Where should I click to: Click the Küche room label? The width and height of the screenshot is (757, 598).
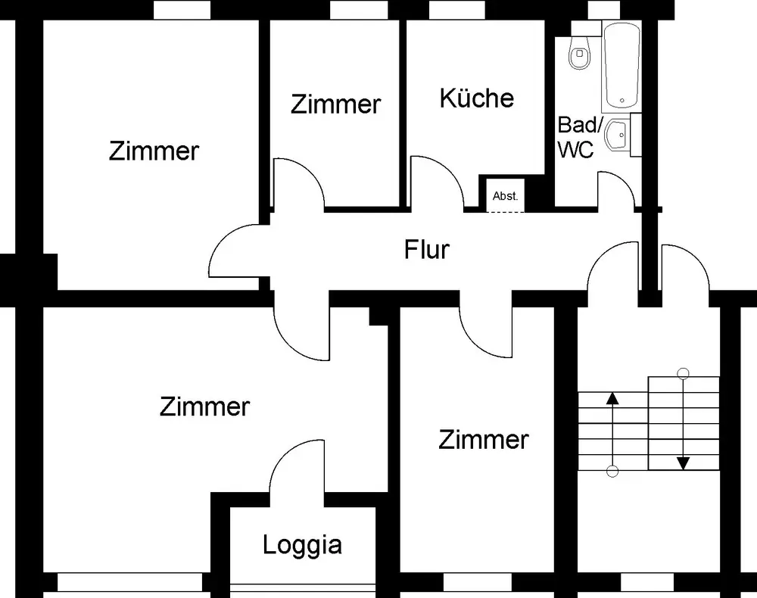(x=476, y=98)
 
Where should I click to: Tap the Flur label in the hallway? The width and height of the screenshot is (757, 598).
(x=427, y=250)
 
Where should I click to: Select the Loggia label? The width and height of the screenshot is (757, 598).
(x=302, y=546)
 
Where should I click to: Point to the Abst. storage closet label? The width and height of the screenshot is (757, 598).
(x=505, y=197)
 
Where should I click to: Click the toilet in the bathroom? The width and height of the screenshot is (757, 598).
(x=579, y=52)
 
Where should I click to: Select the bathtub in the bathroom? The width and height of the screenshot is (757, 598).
(x=621, y=65)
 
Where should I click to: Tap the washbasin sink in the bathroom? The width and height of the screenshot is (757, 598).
(x=617, y=135)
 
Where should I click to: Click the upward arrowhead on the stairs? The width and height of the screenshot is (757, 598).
(x=612, y=397)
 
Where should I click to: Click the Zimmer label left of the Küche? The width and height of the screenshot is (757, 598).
(x=335, y=104)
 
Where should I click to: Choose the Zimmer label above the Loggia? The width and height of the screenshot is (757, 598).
(x=204, y=407)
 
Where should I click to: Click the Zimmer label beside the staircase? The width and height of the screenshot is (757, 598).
(x=483, y=441)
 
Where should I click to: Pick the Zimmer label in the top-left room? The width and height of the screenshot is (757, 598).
(x=154, y=151)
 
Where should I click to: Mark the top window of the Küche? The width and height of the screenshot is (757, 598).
(x=456, y=10)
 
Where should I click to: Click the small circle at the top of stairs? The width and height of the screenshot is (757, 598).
(x=683, y=373)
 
